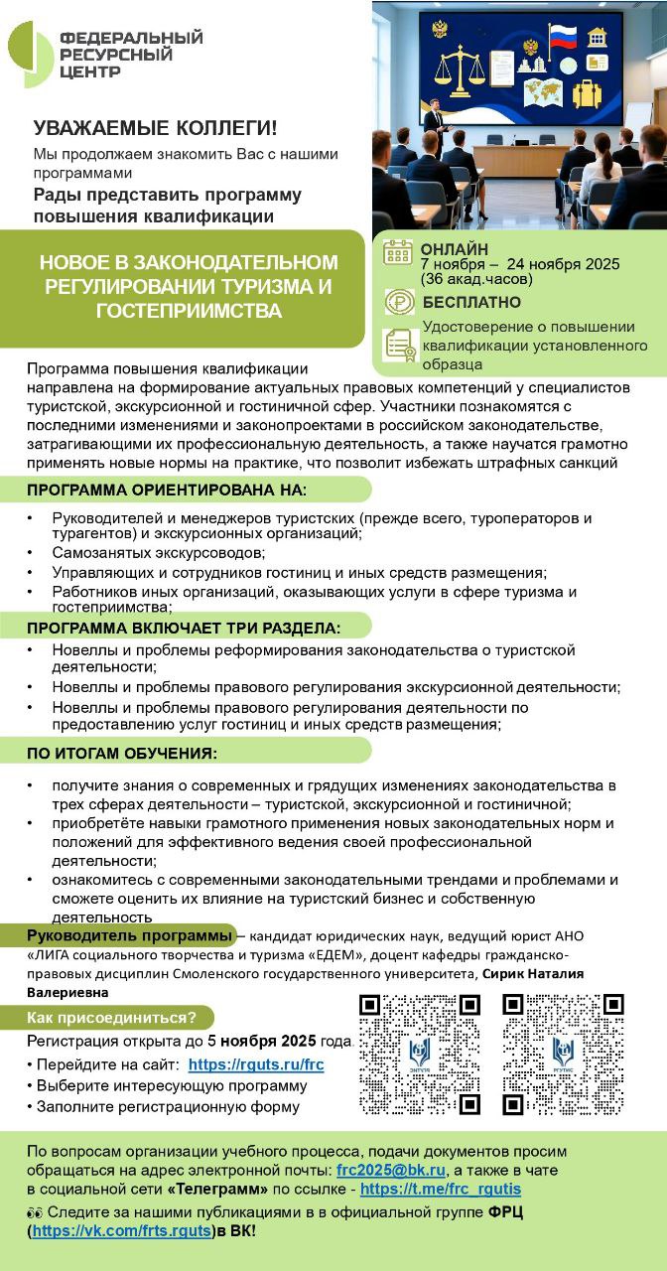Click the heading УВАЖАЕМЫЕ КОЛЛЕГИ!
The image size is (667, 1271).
tap(156, 128)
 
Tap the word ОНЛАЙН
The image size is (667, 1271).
tap(455, 249)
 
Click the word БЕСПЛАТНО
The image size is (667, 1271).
tap(471, 302)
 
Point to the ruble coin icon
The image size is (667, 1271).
tap(399, 302)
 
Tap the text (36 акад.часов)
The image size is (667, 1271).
tap(476, 279)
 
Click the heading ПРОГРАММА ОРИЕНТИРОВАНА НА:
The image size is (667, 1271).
tap(167, 491)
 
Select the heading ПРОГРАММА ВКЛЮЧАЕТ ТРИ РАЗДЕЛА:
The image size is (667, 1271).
tap(184, 628)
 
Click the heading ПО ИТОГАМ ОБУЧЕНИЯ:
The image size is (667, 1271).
tap(121, 753)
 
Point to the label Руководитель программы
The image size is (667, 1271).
tap(129, 935)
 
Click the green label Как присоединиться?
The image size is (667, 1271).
tap(119, 1018)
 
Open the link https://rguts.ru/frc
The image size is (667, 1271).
tap(256, 1063)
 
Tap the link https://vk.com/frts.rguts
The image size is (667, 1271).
tap(122, 1231)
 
